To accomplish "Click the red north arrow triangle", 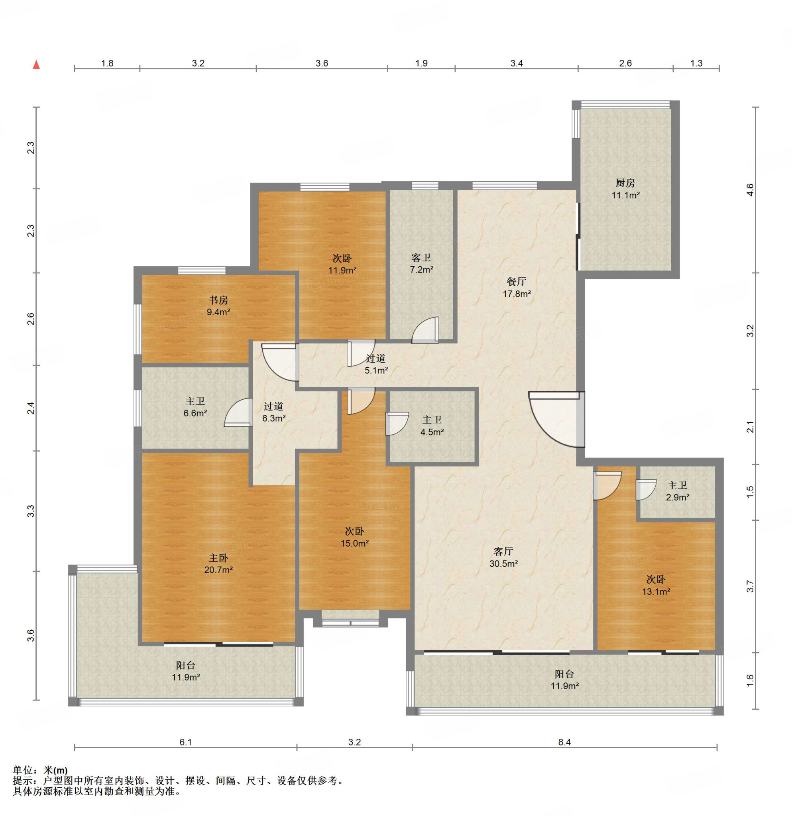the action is coord(37,65).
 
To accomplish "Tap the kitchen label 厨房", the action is coord(625,183).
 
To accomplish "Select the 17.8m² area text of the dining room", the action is coord(516,294).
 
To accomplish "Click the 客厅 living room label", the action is coord(503,551).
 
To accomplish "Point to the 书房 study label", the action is coord(218,300).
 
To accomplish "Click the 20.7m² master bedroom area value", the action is coord(218,570).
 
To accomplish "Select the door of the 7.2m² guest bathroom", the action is coord(425,330).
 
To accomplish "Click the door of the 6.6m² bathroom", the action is coord(238,412).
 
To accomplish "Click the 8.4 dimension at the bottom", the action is coord(564,742).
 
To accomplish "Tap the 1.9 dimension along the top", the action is coord(421,63).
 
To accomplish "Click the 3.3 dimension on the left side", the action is coord(30,511).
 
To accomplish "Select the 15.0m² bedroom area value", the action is coord(354,543).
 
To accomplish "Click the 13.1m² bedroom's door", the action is coord(607,485).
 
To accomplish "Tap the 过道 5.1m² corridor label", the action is coord(376,364).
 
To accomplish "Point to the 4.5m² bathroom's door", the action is coord(397,424).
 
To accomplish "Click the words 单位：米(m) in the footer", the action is coord(40,770).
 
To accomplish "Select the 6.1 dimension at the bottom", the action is coord(185,742).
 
